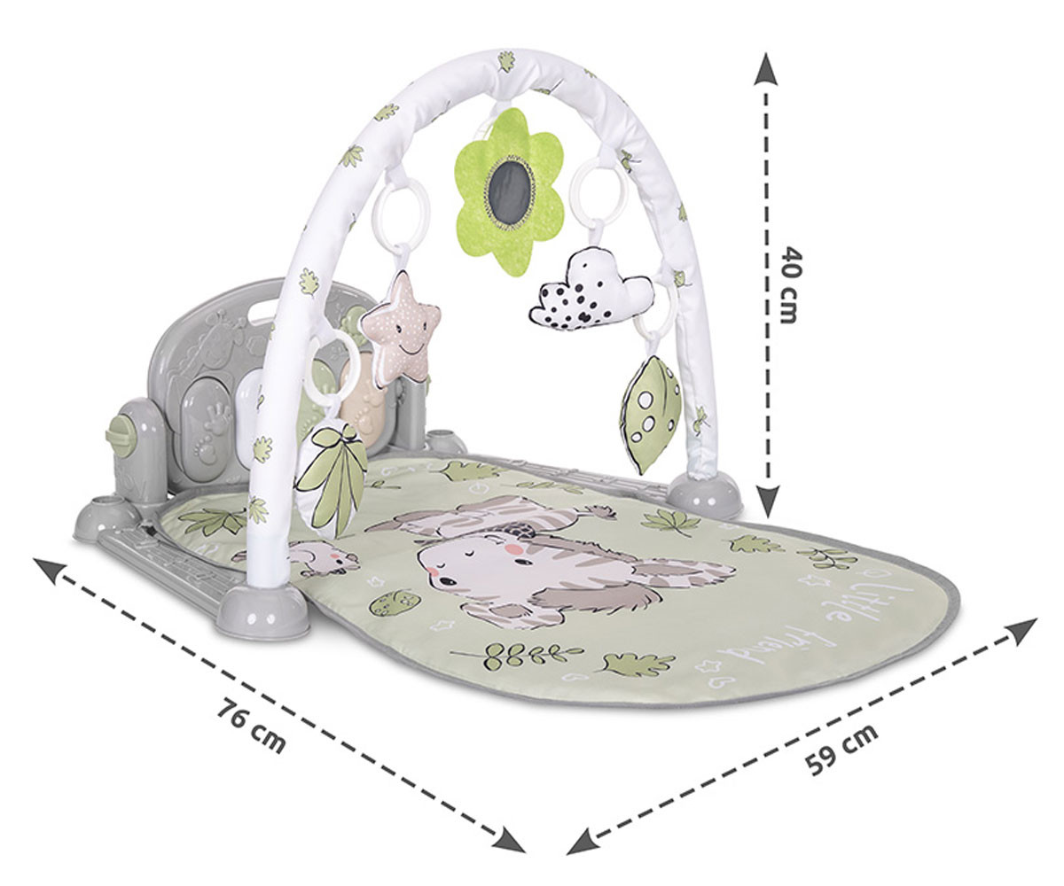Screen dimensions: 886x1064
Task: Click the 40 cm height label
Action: (x=788, y=284)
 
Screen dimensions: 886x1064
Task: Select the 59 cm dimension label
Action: (x=842, y=750)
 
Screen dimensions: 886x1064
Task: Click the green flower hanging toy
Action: (x=508, y=190)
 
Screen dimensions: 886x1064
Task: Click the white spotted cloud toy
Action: (x=592, y=291)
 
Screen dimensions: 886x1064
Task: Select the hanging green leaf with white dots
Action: (x=651, y=413)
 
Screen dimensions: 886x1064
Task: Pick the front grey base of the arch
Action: (x=262, y=610)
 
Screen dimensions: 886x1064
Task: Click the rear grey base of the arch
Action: (x=705, y=494)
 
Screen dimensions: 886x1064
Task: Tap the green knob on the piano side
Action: (x=121, y=436)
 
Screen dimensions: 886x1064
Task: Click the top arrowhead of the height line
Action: (x=765, y=69)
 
